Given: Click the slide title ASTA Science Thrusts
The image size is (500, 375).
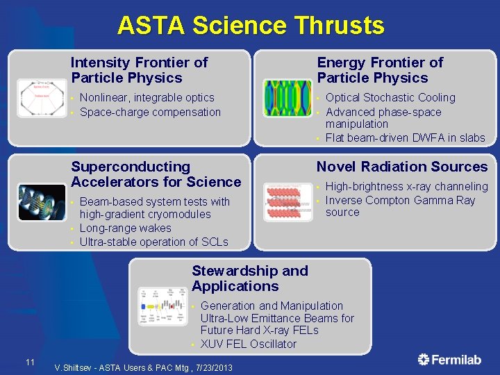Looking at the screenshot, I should [250, 26].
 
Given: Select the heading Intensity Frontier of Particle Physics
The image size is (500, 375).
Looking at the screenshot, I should [139, 70].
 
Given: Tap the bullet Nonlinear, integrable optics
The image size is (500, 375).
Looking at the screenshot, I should [147, 98].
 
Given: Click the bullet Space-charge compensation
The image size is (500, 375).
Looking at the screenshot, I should [150, 112].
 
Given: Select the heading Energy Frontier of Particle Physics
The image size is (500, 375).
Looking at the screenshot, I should [380, 70].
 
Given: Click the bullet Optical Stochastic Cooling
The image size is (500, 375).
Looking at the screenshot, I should [390, 98].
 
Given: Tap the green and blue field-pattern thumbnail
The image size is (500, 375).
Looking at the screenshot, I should [287, 98].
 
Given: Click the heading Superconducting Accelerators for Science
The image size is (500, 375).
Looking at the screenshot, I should [156, 174].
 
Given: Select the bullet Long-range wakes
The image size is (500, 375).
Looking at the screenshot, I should [125, 228].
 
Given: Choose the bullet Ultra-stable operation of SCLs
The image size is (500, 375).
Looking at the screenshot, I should [153, 242].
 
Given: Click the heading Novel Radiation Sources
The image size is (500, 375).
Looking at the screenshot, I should [402, 167].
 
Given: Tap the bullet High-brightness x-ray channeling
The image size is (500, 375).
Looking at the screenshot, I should [406, 186].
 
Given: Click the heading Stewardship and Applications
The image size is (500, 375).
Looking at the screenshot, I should [249, 278].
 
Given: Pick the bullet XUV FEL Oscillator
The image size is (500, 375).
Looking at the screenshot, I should [248, 344].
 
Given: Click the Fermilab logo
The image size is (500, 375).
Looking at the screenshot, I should [449, 359].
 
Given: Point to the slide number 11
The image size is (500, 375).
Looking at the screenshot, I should [30, 362].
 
